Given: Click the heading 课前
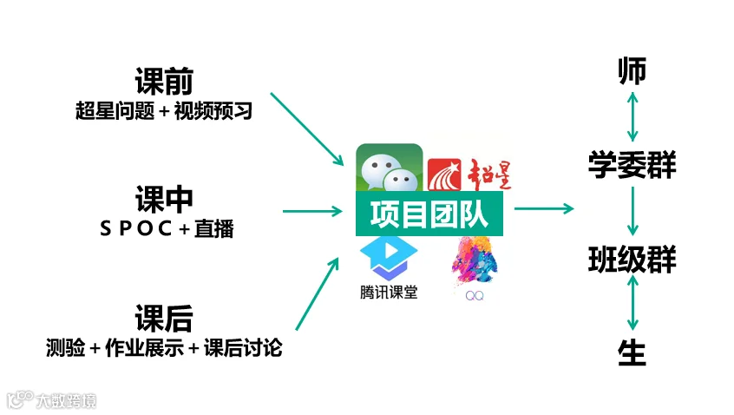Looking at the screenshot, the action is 164,81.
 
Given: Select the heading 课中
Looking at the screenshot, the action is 164,199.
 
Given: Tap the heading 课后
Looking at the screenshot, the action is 164,318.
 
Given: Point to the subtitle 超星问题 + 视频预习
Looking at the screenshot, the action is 164,111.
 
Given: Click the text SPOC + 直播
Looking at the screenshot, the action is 167,228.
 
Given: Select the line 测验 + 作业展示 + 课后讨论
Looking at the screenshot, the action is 164,347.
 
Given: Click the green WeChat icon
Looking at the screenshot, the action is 389,168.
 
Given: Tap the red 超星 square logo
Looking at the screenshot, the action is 444,175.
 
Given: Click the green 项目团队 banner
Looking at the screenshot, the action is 429,214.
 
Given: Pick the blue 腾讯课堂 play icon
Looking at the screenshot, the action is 389,259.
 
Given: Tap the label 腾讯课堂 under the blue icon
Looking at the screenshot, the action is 389,293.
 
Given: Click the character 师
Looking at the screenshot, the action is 632,71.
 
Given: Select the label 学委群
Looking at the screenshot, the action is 632,165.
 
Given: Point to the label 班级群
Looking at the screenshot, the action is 632,259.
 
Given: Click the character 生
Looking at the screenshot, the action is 632,352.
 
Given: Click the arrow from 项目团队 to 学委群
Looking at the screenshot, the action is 544,208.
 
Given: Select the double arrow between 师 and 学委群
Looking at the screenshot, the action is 632,116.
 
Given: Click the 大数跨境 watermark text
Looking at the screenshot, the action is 66,401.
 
